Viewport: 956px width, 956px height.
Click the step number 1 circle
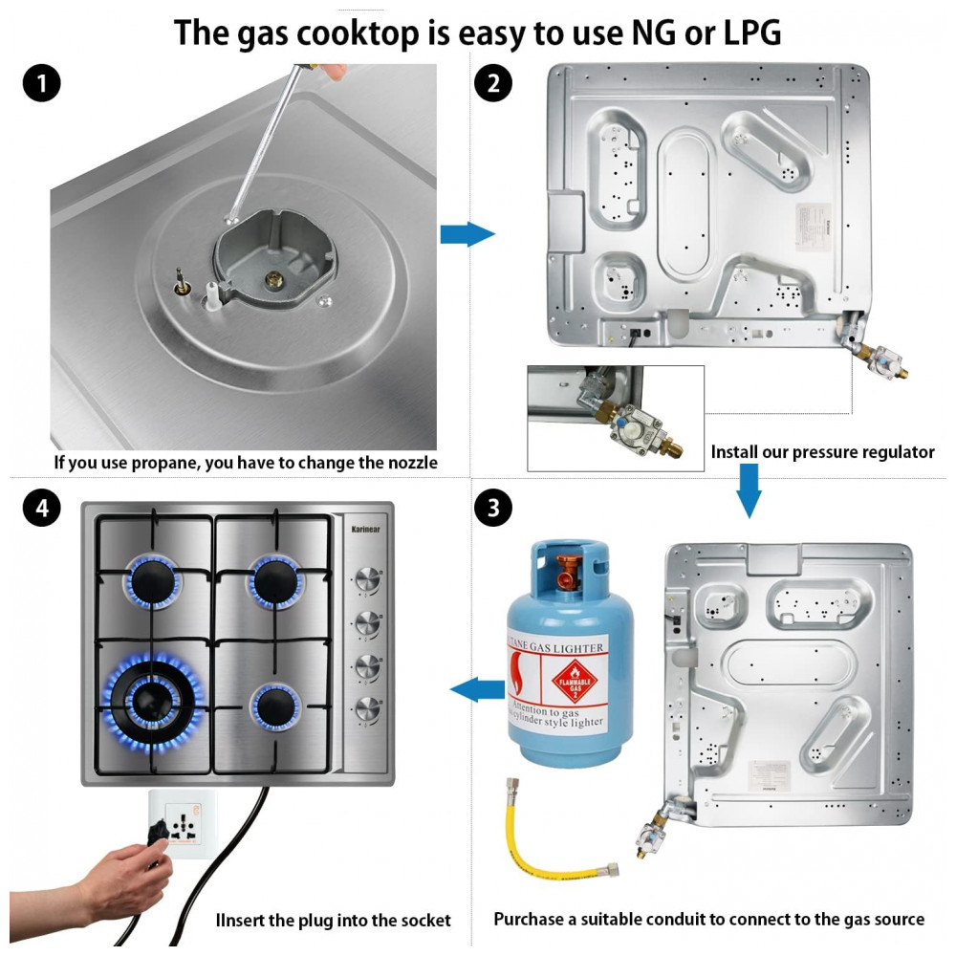pos(41,84)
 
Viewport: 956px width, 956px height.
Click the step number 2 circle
pos(493,84)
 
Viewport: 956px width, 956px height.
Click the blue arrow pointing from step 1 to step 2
pos(467,234)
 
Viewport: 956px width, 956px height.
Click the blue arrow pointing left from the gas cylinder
pos(477,688)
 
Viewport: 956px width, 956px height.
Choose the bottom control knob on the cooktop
pos(365,708)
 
